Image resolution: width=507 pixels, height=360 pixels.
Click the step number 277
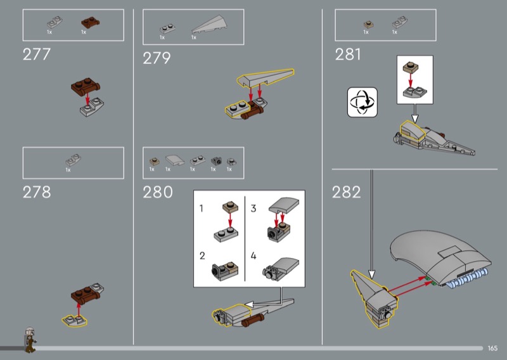pyautogui.click(x=37, y=55)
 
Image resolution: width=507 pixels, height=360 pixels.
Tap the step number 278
pyautogui.click(x=37, y=192)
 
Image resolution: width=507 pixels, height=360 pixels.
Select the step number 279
pyautogui.click(x=157, y=58)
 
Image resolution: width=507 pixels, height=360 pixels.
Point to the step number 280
pyautogui.click(x=157, y=192)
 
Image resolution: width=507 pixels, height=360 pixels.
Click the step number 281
pyautogui.click(x=347, y=55)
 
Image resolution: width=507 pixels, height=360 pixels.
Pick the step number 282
pyautogui.click(x=346, y=192)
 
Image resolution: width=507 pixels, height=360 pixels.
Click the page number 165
pyautogui.click(x=492, y=348)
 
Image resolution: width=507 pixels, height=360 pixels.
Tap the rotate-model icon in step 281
pyautogui.click(x=362, y=102)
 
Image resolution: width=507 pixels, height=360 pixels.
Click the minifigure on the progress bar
pyautogui.click(x=30, y=340)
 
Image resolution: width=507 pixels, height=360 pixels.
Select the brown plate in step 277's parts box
pyautogui.click(x=90, y=22)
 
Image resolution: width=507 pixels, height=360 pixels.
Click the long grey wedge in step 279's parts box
pyautogui.click(x=207, y=24)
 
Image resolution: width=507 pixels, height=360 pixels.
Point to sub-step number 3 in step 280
pyautogui.click(x=253, y=209)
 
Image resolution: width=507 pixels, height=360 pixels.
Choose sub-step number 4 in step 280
pyautogui.click(x=253, y=256)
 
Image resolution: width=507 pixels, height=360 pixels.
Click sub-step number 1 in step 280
pyautogui.click(x=201, y=209)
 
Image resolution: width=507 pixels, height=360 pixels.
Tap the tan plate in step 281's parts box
pyautogui.click(x=369, y=25)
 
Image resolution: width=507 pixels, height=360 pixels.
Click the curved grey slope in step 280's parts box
pyautogui.click(x=175, y=160)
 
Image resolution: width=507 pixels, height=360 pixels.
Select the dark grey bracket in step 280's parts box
pyautogui.click(x=216, y=161)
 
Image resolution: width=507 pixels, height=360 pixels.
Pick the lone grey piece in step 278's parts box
pyautogui.click(x=73, y=160)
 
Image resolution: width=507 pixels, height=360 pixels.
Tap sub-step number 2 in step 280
pyautogui.click(x=202, y=256)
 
